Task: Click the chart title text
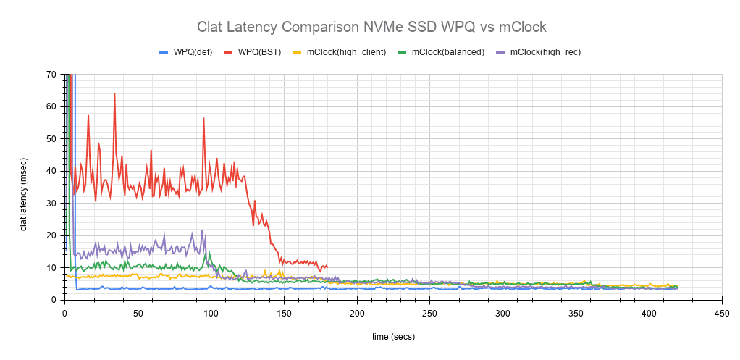coord(371,27)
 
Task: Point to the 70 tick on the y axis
coord(51,74)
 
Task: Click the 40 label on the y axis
coord(51,171)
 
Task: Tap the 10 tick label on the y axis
coord(51,267)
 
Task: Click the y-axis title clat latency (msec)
coord(23,187)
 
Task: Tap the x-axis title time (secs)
coord(393,336)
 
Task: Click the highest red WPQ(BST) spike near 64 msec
coord(114,94)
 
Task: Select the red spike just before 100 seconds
coord(203,118)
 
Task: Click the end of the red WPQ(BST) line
coord(327,267)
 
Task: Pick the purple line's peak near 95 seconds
coord(202,230)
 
